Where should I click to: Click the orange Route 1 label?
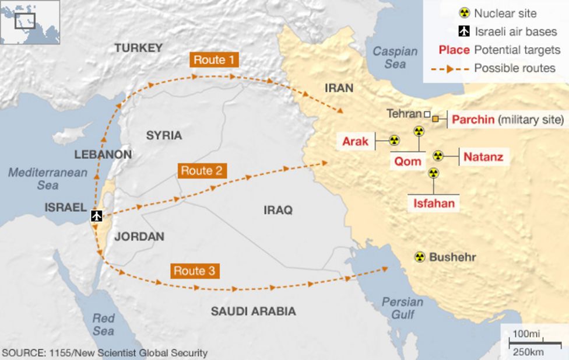(213, 60)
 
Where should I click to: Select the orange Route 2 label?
(201, 170)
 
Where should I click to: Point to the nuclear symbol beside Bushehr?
(419, 257)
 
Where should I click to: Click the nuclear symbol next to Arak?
(394, 141)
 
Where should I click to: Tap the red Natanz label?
(483, 156)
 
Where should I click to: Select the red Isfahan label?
(433, 204)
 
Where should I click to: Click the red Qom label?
(408, 161)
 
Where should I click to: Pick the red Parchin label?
(473, 120)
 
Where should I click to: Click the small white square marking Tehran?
(427, 114)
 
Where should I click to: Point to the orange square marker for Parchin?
(435, 118)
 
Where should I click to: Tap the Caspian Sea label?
(395, 58)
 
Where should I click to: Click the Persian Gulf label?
(402, 308)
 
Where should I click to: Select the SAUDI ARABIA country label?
(253, 311)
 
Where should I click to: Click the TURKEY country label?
(138, 48)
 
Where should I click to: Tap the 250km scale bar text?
(528, 352)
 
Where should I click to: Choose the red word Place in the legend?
(454, 50)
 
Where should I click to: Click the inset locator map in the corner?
(30, 22)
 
